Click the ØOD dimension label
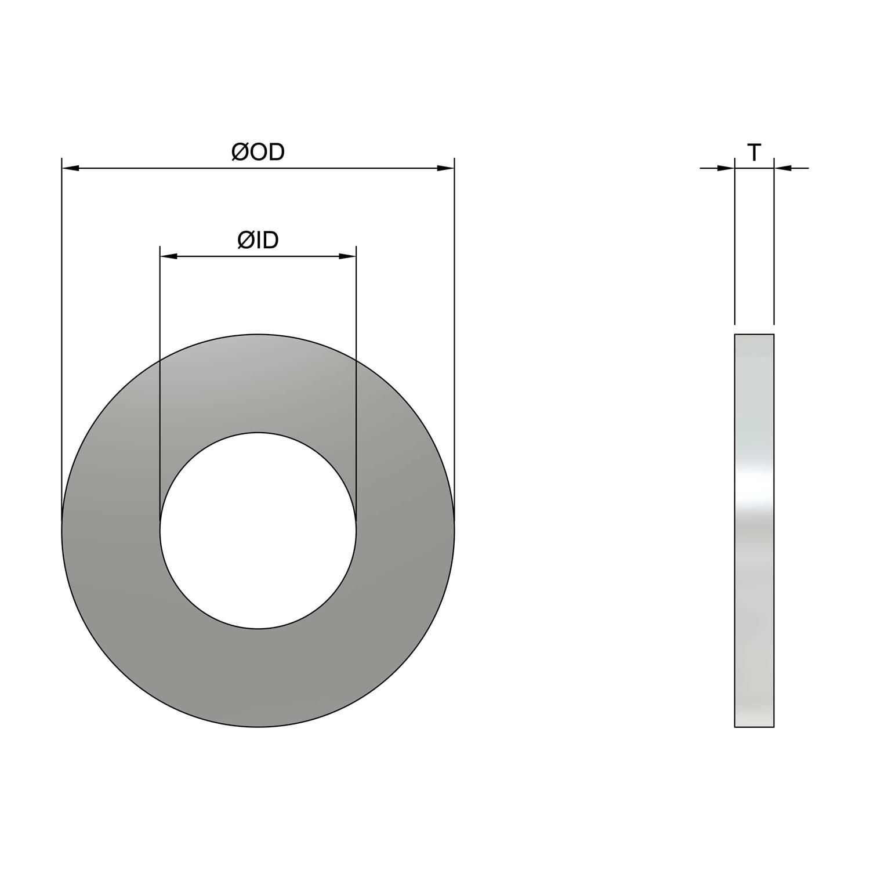tap(258, 152)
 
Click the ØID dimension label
tap(258, 240)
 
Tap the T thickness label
tap(754, 153)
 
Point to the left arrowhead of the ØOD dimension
tap(70, 168)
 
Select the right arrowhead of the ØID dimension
tap(347, 256)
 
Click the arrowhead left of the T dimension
tap(726, 168)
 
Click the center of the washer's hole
tap(258, 530)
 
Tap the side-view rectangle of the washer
tap(754, 580)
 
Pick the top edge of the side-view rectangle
tap(754, 335)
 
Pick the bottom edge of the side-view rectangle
tap(754, 727)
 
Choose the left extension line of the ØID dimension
tap(160, 377)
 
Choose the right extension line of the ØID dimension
tap(356, 377)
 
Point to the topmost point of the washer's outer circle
tap(258, 334)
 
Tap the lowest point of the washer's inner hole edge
tap(258, 628)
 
